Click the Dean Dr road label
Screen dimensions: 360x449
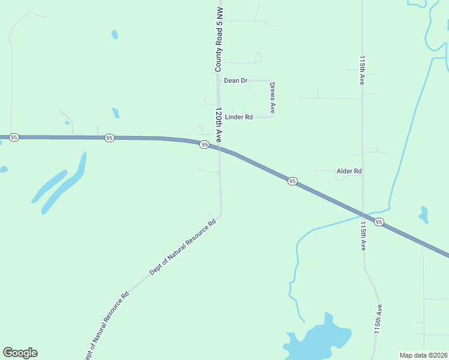235,80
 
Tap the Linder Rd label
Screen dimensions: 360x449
239,117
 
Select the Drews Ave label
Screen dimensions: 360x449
272,98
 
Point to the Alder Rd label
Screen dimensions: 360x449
349,171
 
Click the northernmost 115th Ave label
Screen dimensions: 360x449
362,71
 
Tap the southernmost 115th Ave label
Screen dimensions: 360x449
378,318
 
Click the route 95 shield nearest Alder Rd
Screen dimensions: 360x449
292,181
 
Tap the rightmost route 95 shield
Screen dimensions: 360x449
379,222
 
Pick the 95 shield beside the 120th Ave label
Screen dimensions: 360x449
205,145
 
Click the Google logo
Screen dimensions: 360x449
20,353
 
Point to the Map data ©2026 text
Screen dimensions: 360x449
424,355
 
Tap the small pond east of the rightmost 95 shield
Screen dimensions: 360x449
424,214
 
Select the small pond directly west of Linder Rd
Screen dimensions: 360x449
116,112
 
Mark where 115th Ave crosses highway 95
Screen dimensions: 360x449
363,214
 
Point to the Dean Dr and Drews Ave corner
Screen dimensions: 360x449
272,80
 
